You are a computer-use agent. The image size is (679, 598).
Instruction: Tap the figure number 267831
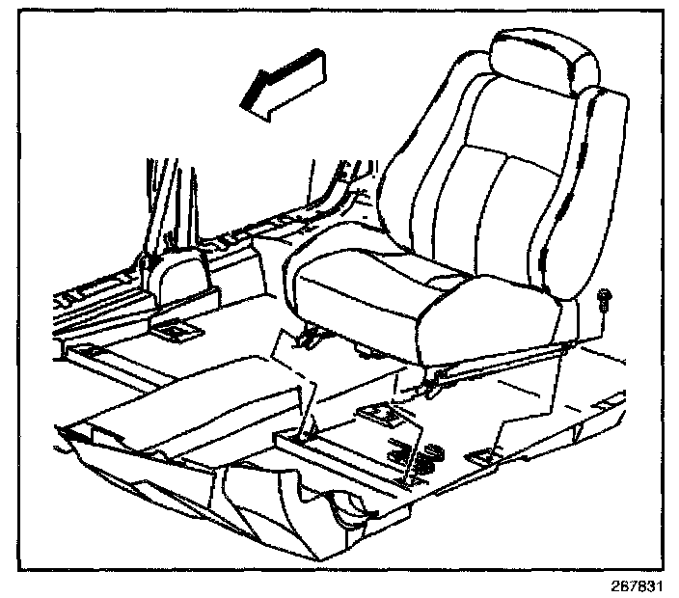pos(639,586)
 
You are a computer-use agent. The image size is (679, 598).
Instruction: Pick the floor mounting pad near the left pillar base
pos(176,331)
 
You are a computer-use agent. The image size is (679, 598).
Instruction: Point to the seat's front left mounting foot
pos(311,337)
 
